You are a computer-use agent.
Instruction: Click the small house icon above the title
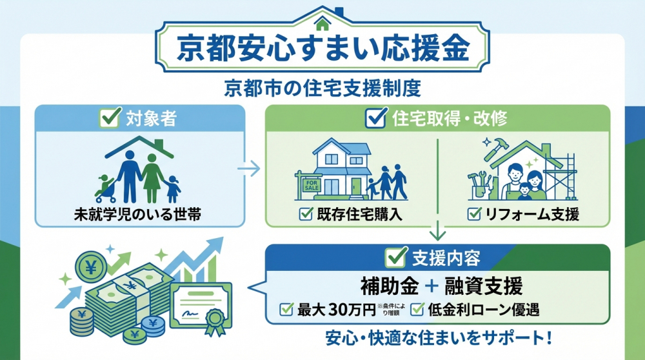(x=323, y=22)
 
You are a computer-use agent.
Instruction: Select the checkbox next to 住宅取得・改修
(x=375, y=119)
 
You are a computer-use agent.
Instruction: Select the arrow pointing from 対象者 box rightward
(x=248, y=170)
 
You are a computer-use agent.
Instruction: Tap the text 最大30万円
(x=335, y=310)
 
